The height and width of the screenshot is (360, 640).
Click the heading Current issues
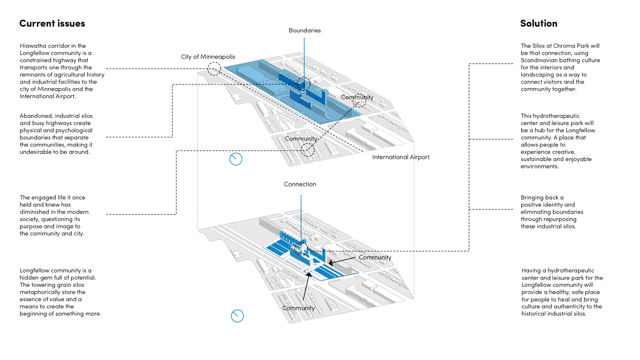tap(52, 24)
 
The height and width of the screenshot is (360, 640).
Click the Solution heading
tap(539, 24)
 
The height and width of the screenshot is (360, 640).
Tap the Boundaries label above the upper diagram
tap(305, 31)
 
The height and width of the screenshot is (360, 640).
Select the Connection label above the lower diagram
tap(300, 184)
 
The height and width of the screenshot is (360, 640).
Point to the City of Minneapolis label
tap(208, 57)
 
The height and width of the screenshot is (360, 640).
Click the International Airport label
tap(401, 157)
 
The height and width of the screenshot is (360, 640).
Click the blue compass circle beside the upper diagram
tap(236, 159)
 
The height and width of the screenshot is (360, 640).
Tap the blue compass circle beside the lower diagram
tap(237, 316)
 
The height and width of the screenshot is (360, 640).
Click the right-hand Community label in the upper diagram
tap(357, 97)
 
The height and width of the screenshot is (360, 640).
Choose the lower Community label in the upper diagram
tap(301, 139)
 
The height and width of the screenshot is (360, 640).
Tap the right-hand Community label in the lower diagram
tap(375, 258)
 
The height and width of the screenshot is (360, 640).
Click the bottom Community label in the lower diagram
tap(298, 308)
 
